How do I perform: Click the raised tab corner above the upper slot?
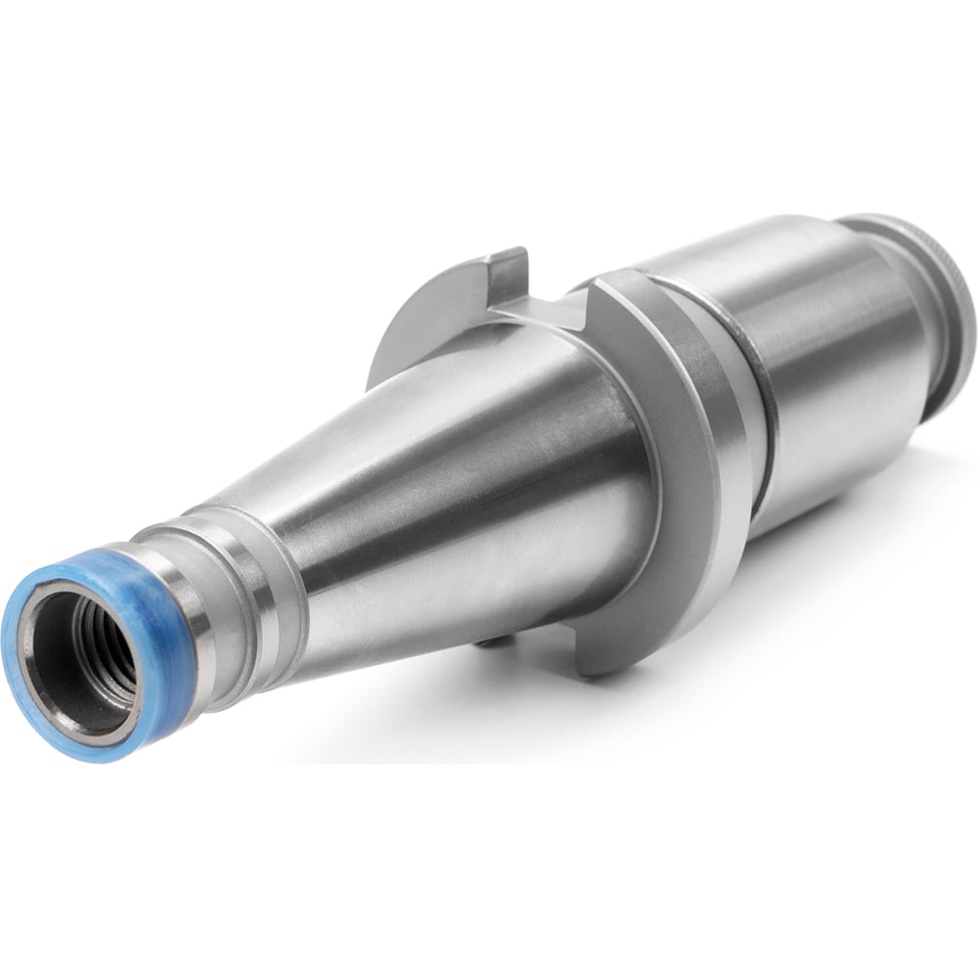click(x=509, y=262)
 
